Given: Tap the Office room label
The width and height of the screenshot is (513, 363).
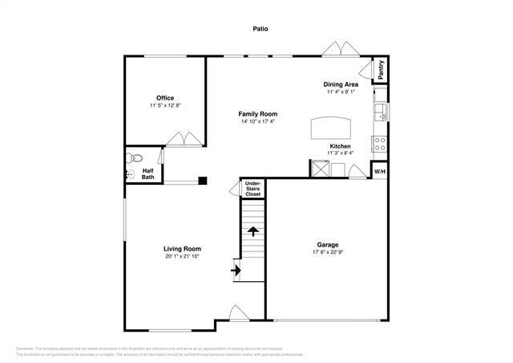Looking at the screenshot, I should (x=165, y=98).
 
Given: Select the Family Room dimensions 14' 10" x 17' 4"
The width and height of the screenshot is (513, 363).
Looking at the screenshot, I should (x=258, y=122).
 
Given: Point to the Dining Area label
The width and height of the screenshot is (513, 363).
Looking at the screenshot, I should (x=341, y=84).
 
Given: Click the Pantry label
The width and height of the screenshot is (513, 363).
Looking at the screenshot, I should (x=381, y=70).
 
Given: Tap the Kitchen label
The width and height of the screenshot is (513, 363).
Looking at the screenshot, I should (x=340, y=146).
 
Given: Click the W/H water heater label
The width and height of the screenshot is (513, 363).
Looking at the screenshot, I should (x=380, y=171).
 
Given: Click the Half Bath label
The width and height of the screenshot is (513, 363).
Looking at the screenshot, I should (x=148, y=174).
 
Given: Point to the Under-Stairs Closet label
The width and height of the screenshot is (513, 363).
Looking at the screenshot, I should (x=253, y=189).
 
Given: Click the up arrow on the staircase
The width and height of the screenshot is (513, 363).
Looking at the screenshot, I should (x=253, y=231).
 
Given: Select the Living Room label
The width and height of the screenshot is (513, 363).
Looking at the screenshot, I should (x=182, y=249).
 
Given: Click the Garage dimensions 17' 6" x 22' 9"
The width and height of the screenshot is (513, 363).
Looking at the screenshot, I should (x=327, y=252).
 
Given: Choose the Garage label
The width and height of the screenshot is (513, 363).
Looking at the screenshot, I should (x=327, y=244).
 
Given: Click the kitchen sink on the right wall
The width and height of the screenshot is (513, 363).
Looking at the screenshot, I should (x=382, y=112).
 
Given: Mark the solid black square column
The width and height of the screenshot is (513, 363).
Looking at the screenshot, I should (x=204, y=181).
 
